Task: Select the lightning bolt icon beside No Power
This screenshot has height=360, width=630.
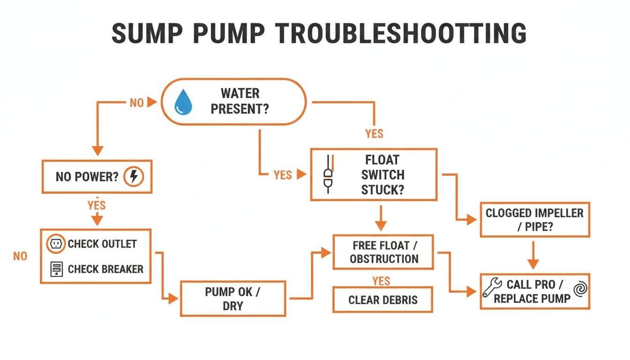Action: click(x=134, y=177)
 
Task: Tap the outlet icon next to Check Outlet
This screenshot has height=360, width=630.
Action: click(x=56, y=244)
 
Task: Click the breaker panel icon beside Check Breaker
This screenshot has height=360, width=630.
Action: click(x=56, y=269)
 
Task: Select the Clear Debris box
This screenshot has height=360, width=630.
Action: click(x=382, y=300)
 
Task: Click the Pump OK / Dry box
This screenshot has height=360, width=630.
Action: click(x=233, y=299)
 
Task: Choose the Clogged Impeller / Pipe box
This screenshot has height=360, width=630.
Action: click(x=534, y=219)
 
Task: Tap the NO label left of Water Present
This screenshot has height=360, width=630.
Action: click(x=136, y=103)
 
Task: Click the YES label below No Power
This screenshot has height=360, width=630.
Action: click(x=97, y=205)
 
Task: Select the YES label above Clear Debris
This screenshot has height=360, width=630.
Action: click(x=381, y=280)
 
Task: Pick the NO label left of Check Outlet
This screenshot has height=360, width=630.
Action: click(x=20, y=256)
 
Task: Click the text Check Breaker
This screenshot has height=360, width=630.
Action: click(x=105, y=269)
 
